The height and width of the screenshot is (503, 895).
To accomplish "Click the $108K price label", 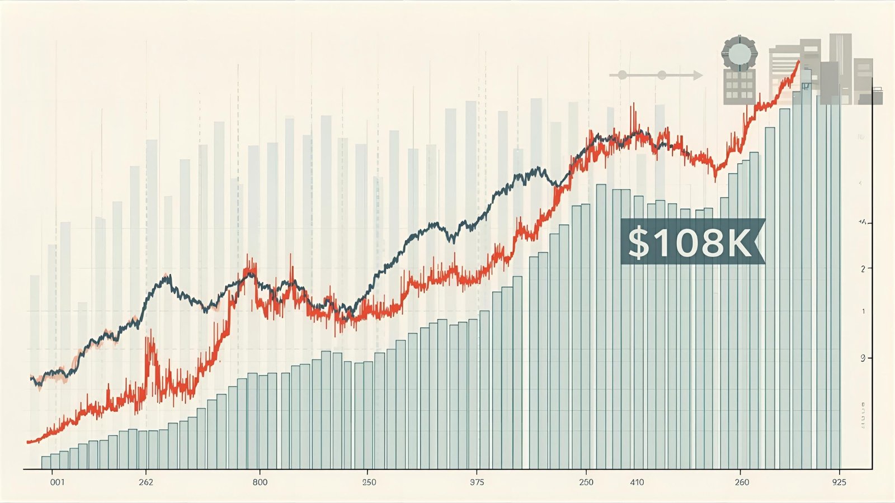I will tap(693, 241).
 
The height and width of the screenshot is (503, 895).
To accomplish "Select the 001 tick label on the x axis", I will tap(57, 482).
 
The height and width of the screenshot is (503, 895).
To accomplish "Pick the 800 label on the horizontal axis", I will tap(260, 482).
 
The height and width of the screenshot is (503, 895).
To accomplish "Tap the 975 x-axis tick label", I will tap(477, 482).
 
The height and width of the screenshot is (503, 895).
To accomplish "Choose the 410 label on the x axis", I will tap(637, 482).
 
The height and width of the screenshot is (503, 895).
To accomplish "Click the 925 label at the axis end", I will tap(839, 482).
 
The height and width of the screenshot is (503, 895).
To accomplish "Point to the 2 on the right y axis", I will tap(863, 269).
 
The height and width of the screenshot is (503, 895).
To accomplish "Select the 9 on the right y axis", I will tap(863, 358).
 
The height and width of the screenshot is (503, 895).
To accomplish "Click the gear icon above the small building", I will tap(739, 53).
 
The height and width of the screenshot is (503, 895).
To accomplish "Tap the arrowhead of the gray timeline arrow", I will tap(698, 75).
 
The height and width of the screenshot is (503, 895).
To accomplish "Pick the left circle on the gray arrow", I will tap(622, 75).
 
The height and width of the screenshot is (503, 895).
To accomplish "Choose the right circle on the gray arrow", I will tap(662, 75).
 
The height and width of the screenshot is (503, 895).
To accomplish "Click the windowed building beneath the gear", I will tap(739, 87).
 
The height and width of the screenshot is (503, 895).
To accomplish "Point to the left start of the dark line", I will tap(31, 378).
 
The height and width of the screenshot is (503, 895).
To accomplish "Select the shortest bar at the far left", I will tap(46, 462).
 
